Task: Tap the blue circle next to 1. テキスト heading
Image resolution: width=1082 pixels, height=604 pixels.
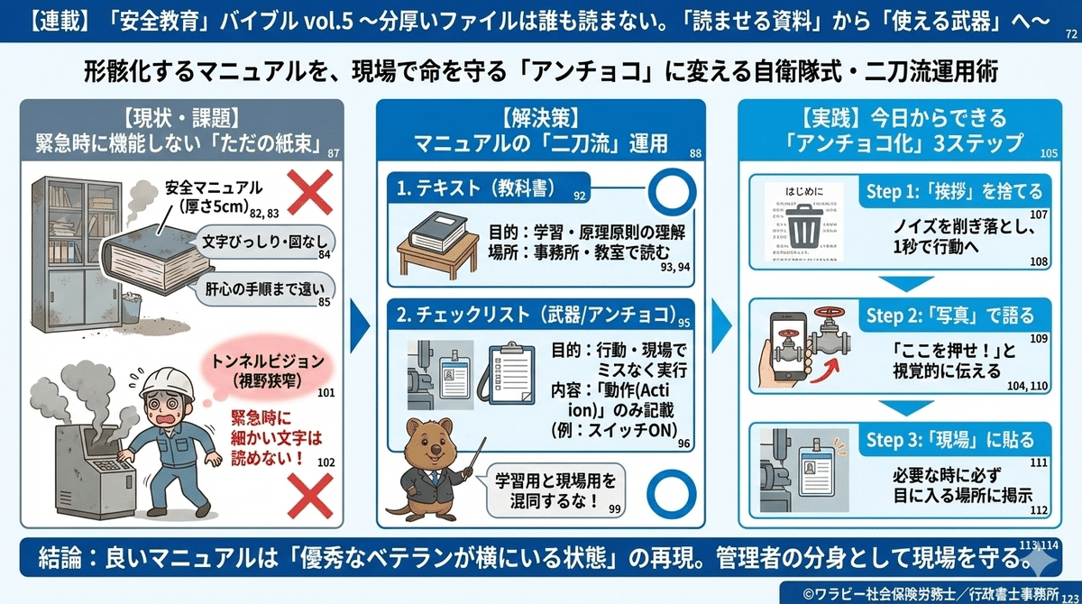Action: (x=669, y=191)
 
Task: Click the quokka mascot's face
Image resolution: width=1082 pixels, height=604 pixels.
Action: (x=430, y=444)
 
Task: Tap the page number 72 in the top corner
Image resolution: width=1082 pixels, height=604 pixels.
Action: (x=1070, y=35)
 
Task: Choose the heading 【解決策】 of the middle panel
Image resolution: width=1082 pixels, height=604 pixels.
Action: (x=542, y=117)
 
